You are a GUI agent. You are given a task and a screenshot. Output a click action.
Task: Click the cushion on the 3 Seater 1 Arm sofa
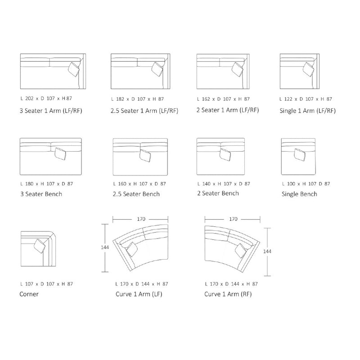[74, 69]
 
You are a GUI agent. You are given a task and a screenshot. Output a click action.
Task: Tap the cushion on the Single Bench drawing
[300, 155]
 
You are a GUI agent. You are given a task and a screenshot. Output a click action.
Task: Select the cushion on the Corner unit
[40, 246]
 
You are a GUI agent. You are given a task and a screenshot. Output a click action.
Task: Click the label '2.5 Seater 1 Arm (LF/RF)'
[144, 111]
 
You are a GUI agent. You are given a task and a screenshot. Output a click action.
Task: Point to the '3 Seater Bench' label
[41, 194]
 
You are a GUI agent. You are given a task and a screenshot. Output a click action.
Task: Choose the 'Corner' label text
[29, 294]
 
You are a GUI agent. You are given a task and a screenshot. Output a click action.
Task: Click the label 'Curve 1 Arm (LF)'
[139, 294]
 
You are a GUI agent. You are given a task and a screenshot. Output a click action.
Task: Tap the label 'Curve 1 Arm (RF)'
[228, 294]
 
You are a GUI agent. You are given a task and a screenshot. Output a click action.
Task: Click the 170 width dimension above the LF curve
[141, 219]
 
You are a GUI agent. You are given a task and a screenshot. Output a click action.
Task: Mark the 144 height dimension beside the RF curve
[267, 252]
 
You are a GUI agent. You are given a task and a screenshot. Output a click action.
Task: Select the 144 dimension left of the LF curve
[105, 247]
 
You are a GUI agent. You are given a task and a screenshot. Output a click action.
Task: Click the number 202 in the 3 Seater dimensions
[29, 99]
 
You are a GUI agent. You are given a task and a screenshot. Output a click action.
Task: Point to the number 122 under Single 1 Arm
[288, 99]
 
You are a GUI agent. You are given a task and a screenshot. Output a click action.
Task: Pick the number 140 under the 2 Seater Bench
[207, 184]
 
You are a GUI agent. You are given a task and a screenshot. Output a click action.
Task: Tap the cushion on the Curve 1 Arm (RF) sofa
[241, 251]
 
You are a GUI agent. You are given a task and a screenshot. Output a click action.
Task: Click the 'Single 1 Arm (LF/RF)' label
[308, 111]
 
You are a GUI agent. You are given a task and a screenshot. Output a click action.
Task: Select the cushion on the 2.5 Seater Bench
[145, 155]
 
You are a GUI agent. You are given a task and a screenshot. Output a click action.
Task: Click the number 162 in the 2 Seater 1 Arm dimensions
[206, 99]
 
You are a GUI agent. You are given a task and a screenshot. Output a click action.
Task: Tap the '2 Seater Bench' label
[218, 193]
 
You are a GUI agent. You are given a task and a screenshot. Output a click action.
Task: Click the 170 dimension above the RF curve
[233, 219]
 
